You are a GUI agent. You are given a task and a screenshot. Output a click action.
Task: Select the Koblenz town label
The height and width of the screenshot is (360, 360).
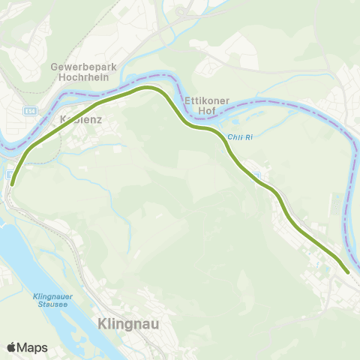(80, 118)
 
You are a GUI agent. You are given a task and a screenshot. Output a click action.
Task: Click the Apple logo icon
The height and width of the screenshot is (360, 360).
(11, 347)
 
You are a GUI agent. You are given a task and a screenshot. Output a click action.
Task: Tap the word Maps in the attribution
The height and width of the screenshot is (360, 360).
(33, 347)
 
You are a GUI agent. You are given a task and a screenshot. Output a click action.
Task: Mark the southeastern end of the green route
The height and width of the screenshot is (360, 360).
(347, 271)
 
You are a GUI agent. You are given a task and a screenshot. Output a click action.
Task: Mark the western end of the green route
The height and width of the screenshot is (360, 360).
(12, 182)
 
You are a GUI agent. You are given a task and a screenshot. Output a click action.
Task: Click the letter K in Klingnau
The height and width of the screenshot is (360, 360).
(102, 324)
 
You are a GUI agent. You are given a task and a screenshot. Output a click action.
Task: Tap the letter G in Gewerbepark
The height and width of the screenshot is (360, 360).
(54, 66)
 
